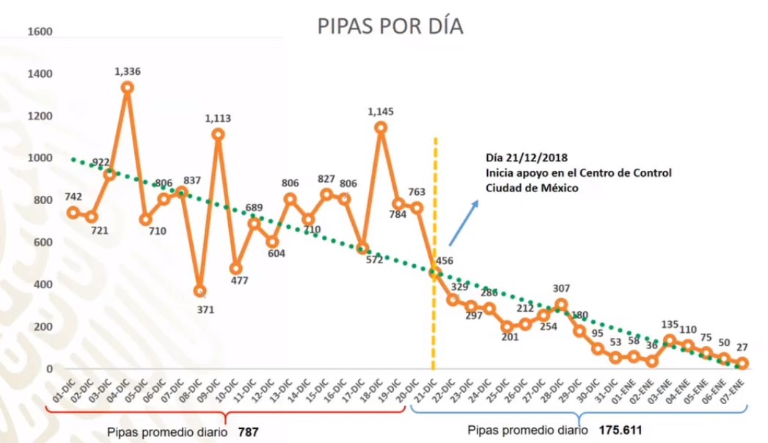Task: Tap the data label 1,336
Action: (128, 71)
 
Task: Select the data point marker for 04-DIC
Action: (127, 87)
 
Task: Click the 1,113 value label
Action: (219, 117)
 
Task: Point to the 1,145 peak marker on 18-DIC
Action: (381, 127)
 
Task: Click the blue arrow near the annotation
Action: (463, 222)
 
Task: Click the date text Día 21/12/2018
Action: (526, 158)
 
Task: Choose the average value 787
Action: (249, 433)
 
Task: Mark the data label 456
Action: (444, 260)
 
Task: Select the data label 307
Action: (561, 288)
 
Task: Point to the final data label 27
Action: (743, 347)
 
